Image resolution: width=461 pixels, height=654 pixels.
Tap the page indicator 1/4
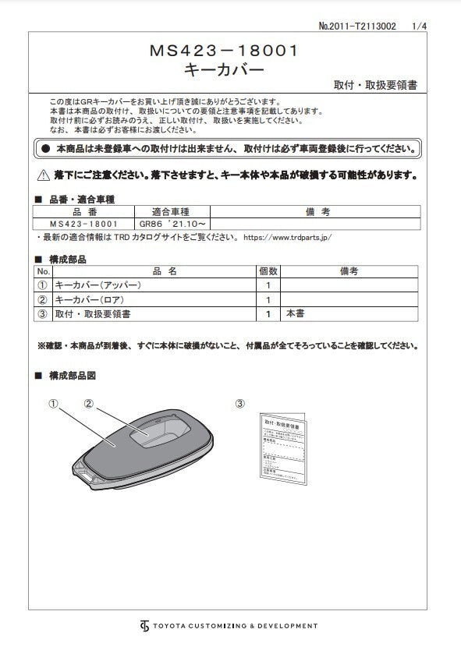pos(419,26)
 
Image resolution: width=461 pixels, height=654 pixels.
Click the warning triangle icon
pos(44,175)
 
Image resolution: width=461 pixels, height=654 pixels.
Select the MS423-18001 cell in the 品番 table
pos(83,223)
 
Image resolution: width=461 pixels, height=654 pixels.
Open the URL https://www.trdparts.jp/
pos(288,236)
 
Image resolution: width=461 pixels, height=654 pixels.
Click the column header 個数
pos(268,271)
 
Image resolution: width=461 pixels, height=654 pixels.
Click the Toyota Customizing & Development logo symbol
pos(144,626)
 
